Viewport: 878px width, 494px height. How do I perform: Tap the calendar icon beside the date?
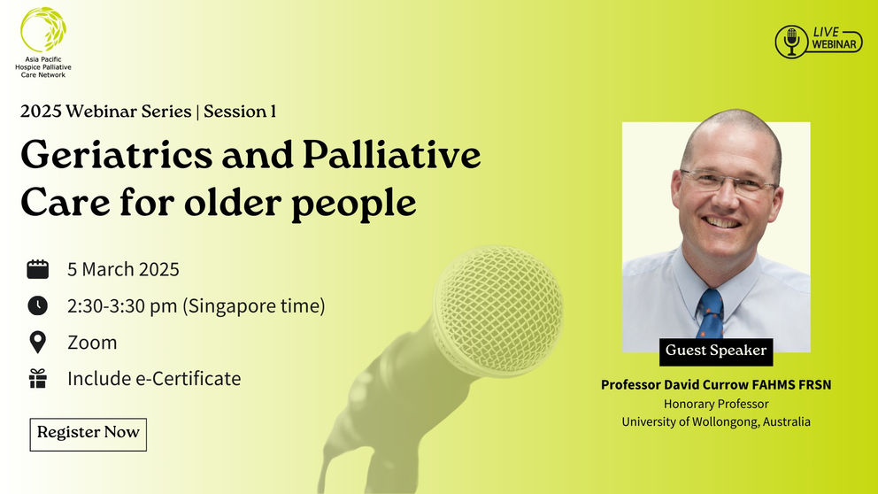[38, 269]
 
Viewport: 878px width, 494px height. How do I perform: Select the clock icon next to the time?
[38, 306]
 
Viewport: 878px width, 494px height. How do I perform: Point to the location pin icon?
[38, 343]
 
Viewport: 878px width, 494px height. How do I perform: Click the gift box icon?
[38, 379]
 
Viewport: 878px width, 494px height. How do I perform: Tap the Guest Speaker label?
[716, 351]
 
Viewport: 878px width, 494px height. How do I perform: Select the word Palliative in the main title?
[391, 157]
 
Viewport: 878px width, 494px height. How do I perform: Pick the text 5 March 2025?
[123, 269]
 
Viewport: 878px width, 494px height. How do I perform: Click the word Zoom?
[92, 343]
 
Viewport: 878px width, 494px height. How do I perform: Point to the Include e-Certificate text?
[154, 379]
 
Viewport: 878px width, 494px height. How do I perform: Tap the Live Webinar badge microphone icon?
[791, 42]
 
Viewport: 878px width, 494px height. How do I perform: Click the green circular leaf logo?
[42, 30]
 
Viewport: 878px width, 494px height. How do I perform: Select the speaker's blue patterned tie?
[710, 314]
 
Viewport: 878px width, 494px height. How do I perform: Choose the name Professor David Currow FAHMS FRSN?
[716, 384]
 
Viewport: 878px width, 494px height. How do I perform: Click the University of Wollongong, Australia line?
[716, 422]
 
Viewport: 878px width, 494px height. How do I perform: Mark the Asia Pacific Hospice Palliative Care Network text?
[43, 68]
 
